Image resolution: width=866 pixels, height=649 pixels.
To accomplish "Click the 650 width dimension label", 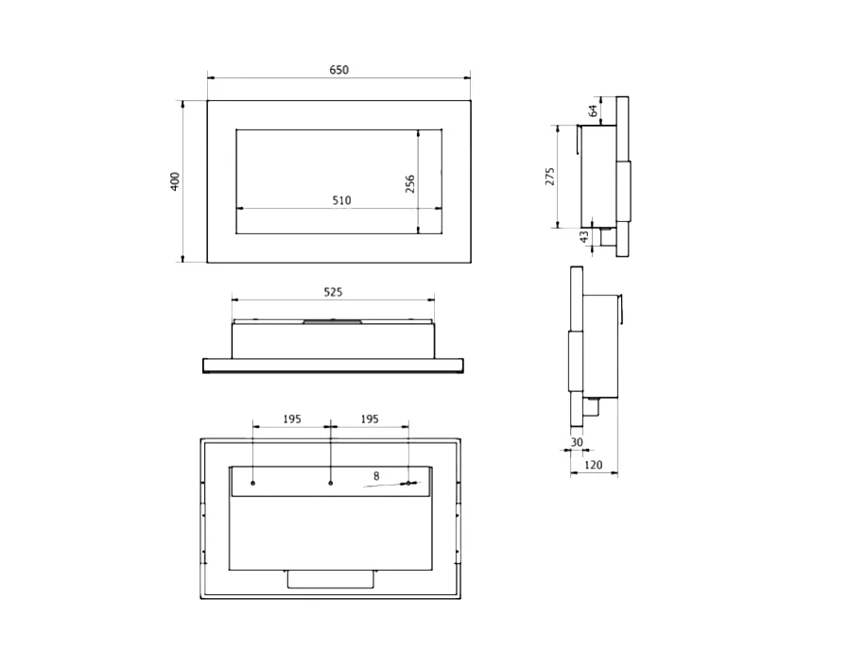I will (x=338, y=70).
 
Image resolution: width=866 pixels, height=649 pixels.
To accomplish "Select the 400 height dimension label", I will (x=175, y=181).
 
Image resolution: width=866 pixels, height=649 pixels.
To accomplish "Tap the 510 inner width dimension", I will (x=341, y=200).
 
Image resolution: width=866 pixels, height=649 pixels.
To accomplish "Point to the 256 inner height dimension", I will (x=410, y=183).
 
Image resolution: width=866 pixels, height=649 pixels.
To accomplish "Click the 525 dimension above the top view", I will (x=333, y=293).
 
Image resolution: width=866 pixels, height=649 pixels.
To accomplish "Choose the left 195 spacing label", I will (x=291, y=418).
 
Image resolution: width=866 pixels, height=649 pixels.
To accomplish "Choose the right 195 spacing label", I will (x=369, y=418).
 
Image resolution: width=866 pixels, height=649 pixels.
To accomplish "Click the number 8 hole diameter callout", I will (x=376, y=476).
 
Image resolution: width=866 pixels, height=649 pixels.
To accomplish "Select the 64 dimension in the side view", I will (x=593, y=111).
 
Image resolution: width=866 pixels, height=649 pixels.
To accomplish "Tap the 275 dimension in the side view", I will (x=550, y=177).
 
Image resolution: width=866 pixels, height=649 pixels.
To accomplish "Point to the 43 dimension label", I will (x=584, y=237).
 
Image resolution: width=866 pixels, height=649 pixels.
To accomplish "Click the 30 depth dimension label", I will (x=577, y=441).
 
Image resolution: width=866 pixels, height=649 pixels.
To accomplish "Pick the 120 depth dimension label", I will (x=593, y=466).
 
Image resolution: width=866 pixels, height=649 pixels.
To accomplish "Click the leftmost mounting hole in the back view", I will (x=253, y=484).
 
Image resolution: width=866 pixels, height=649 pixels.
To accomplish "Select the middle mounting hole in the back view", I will (x=330, y=484).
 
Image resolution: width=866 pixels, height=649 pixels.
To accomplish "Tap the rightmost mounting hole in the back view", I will (x=408, y=484).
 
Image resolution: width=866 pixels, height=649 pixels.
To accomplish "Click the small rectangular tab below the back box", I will (x=330, y=579).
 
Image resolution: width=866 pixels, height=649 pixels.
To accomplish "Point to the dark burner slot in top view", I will (x=332, y=322).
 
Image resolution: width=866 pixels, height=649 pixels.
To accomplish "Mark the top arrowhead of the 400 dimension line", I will (x=182, y=103).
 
